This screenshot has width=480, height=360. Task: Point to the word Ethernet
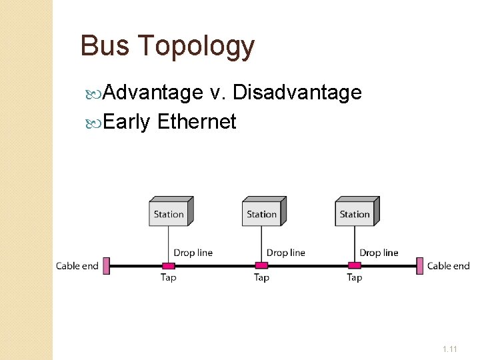click(197, 121)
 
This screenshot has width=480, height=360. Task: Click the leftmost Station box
click(169, 212)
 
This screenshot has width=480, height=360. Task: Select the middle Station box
click(262, 212)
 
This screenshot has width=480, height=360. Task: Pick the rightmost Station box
click(355, 212)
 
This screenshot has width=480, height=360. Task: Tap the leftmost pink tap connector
click(169, 266)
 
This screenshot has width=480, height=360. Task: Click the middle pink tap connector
click(261, 266)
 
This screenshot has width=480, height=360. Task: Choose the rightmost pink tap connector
click(355, 266)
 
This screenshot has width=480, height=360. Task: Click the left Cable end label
click(77, 266)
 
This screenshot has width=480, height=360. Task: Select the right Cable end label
click(448, 266)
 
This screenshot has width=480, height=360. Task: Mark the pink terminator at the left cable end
click(105, 266)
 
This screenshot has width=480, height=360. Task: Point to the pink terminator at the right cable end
click(419, 266)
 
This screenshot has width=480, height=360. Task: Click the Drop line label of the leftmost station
click(193, 253)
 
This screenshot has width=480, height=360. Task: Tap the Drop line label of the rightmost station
click(379, 253)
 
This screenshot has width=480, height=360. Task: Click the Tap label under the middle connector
click(261, 277)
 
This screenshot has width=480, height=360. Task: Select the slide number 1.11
click(449, 349)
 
